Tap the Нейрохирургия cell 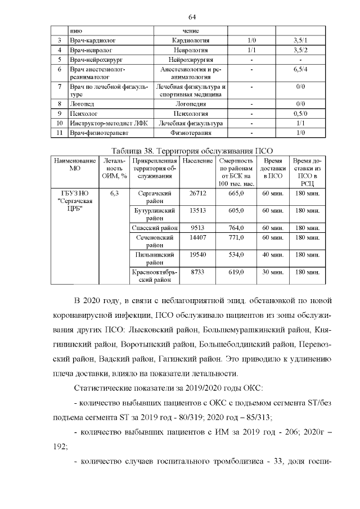191,60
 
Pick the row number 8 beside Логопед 59,104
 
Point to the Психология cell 191,114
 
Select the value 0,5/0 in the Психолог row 300,114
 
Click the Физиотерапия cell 191,133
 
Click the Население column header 197,161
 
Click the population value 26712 197,193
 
